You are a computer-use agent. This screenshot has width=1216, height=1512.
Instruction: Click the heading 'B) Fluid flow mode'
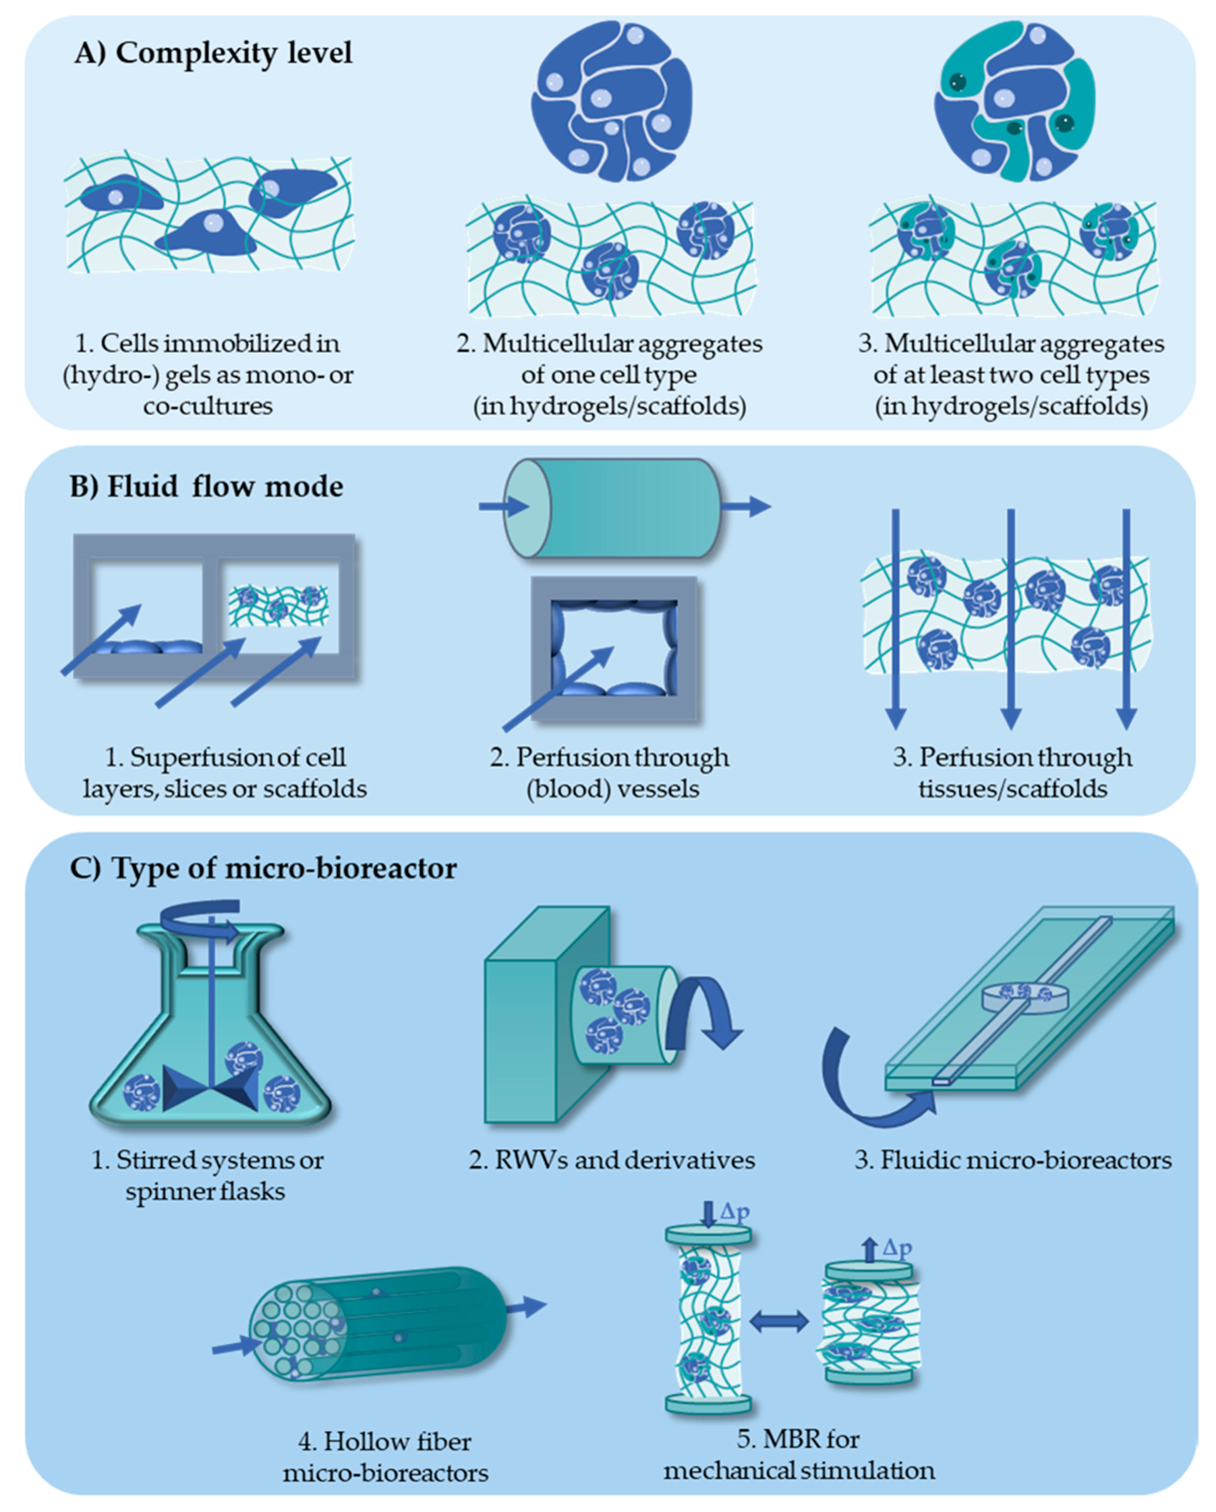point(206,487)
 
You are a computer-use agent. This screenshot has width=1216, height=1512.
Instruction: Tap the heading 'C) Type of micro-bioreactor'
point(263,868)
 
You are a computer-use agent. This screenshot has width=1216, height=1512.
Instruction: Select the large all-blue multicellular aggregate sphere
point(612,100)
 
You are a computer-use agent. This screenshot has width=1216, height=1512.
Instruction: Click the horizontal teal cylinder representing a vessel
point(612,508)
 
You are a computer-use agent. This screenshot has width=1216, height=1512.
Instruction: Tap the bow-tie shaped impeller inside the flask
point(211,1089)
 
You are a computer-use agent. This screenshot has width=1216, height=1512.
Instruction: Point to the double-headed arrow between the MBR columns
point(779,1322)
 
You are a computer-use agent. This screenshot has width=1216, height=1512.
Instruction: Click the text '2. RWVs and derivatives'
point(612,1160)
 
